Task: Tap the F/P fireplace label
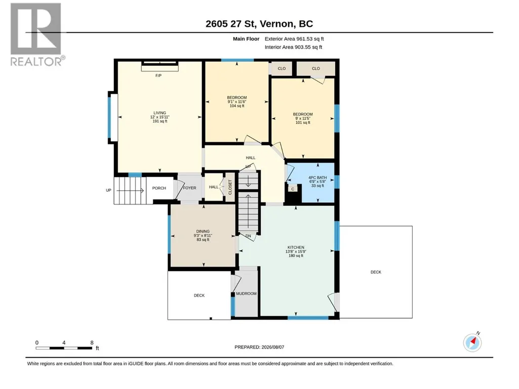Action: tap(158, 76)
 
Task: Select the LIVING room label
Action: tap(159, 113)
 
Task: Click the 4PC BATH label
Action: tap(317, 178)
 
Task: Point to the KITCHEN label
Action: tap(296, 247)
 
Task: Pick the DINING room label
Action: tap(203, 232)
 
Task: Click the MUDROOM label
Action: tap(246, 294)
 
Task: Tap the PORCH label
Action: tap(159, 188)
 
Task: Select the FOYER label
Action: tap(190, 188)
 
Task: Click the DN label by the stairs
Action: tap(248, 236)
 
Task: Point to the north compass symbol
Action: tap(472, 342)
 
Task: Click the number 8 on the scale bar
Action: tap(92, 342)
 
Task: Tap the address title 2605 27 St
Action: tap(230, 24)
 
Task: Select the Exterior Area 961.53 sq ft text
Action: tap(294, 39)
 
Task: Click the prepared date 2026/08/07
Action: tap(273, 347)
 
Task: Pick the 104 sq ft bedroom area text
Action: tap(237, 106)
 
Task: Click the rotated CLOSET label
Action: tap(230, 187)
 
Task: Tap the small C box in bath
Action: tap(293, 189)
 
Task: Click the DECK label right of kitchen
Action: tap(376, 272)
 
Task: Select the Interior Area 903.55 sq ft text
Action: tap(293, 47)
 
